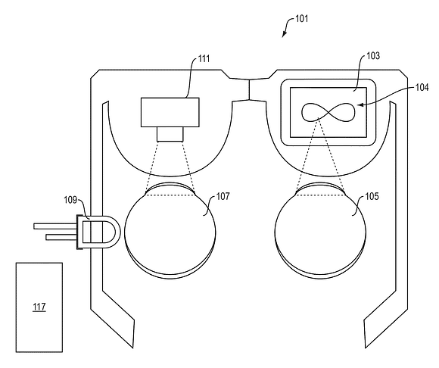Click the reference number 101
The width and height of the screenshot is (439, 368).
pyautogui.click(x=301, y=19)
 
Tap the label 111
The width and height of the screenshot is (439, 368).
pyautogui.click(x=204, y=59)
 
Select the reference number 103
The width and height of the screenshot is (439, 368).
pyautogui.click(x=373, y=56)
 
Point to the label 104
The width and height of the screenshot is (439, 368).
pyautogui.click(x=422, y=88)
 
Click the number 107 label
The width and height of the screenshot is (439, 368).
pyautogui.click(x=223, y=196)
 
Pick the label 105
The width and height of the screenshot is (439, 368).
pyautogui.click(x=372, y=196)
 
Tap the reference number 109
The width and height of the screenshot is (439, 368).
pyautogui.click(x=70, y=200)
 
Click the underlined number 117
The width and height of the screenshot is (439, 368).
pyautogui.click(x=39, y=307)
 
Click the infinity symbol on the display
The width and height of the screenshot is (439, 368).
pyautogui.click(x=328, y=112)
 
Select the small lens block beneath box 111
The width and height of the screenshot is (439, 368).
pyautogui.click(x=170, y=134)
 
